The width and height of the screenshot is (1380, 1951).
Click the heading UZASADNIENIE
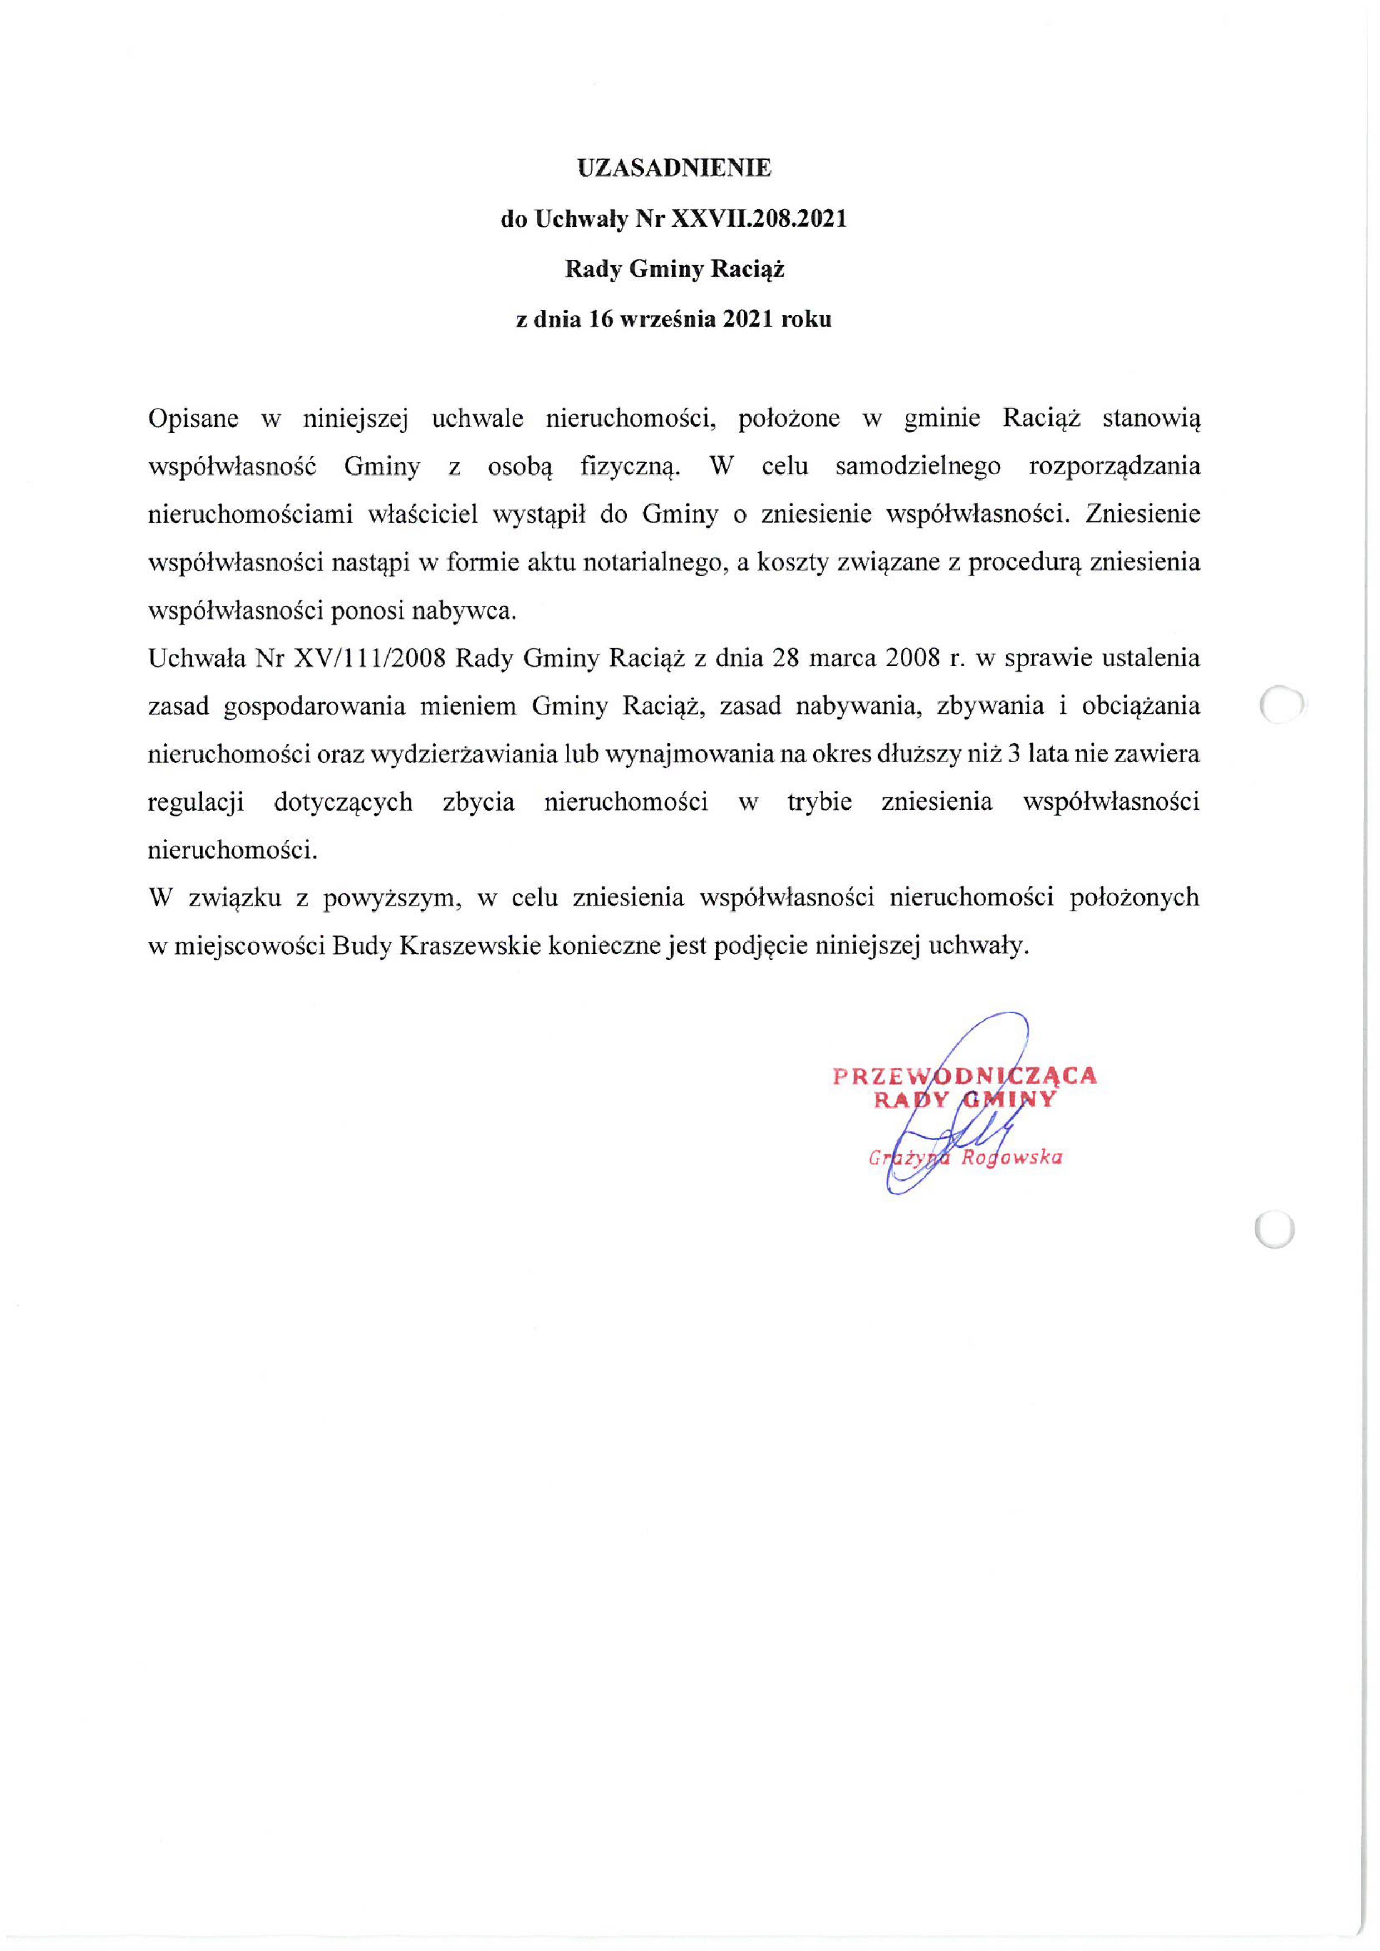point(674,168)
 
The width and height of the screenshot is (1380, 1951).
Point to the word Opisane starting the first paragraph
point(193,418)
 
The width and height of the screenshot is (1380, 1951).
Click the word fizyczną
point(630,467)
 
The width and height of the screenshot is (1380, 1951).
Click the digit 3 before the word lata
point(1013,754)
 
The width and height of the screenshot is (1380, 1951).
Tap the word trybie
point(819,802)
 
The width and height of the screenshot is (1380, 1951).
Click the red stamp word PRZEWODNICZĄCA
point(965,1076)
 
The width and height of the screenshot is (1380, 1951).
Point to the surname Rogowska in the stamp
point(1011,1158)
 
